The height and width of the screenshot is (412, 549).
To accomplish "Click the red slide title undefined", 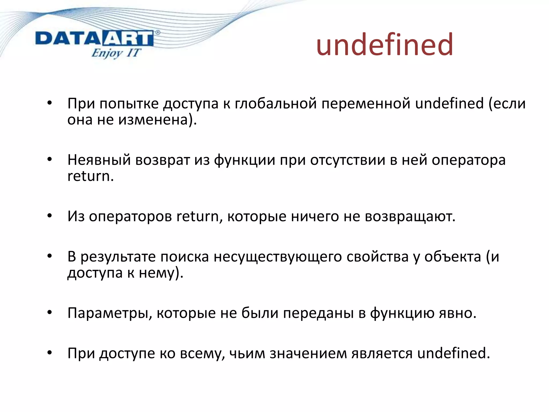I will pyautogui.click(x=384, y=45).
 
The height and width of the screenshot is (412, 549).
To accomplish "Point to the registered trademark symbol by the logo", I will pyautogui.click(x=158, y=33).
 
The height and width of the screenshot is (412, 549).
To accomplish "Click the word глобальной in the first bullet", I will pyautogui.click(x=276, y=104).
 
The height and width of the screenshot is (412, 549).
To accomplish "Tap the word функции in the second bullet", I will pyautogui.click(x=244, y=160).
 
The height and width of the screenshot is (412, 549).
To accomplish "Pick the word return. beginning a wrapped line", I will pyautogui.click(x=90, y=176).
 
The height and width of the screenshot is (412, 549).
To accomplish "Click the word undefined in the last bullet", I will pyautogui.click(x=453, y=353).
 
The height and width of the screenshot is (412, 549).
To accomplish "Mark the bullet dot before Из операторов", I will pyautogui.click(x=50, y=216).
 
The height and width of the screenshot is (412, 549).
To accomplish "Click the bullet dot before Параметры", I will pyautogui.click(x=50, y=313).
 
